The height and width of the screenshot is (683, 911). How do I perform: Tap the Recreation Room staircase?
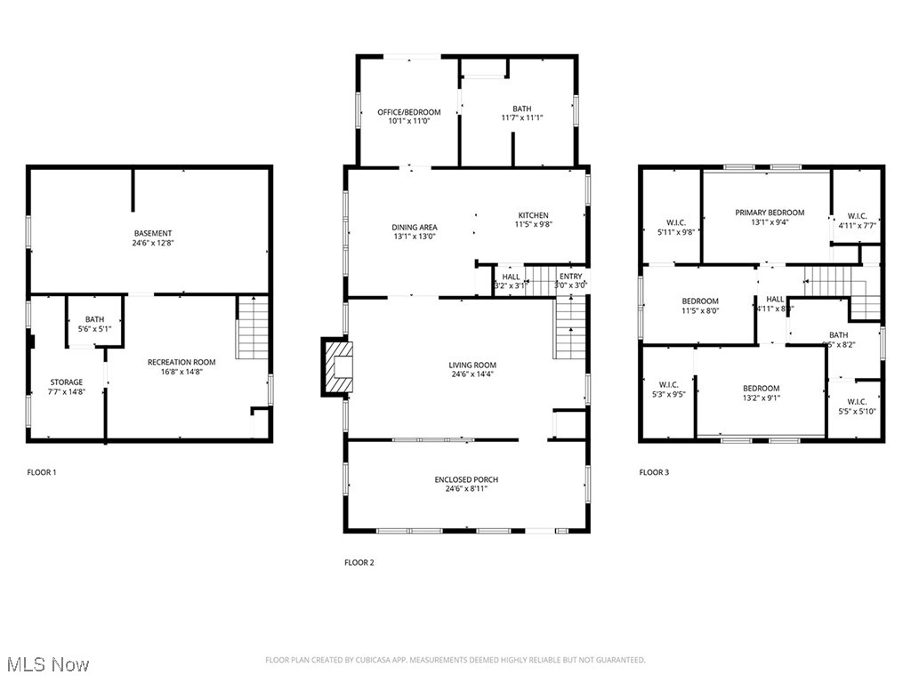253,328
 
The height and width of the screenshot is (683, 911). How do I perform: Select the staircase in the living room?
570,329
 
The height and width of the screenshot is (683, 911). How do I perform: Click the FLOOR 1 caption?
42,472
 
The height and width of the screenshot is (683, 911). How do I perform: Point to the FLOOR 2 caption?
359,562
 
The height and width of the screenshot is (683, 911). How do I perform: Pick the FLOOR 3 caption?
654,472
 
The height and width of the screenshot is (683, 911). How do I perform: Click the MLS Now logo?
47,664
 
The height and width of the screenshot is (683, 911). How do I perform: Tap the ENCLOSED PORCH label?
466,480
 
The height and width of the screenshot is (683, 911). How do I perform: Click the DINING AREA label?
415,228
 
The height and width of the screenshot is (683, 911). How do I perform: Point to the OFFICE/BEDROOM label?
408,112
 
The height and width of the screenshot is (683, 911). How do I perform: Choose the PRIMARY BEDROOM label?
770,213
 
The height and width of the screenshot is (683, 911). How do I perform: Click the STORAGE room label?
66,382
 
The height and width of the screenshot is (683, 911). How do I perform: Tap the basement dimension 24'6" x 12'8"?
153,243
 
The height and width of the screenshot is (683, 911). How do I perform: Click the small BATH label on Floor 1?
94,319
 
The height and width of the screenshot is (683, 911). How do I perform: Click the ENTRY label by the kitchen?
571,277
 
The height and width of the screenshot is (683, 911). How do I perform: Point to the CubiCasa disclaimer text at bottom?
455,660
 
